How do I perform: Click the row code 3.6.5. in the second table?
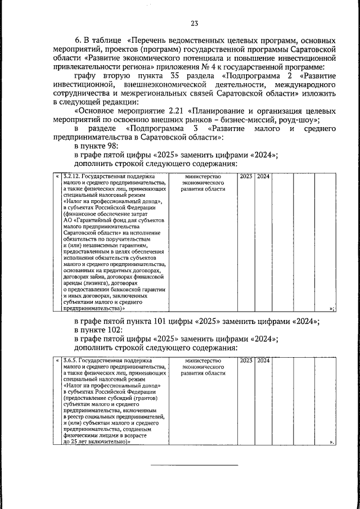(70, 360)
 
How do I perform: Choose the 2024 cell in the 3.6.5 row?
(263, 360)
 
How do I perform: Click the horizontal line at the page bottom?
(194, 465)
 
